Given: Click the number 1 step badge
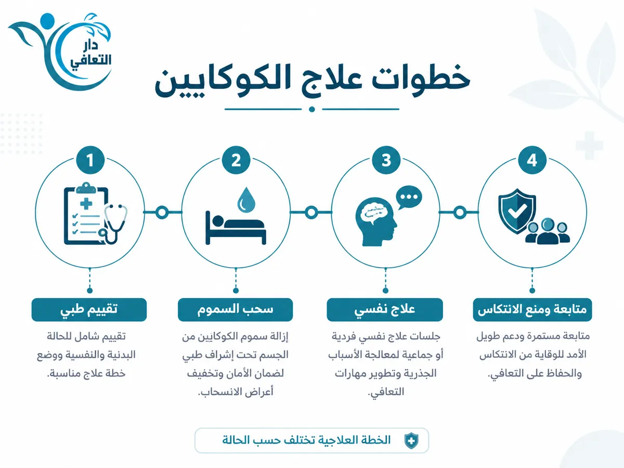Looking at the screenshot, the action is pyautogui.click(x=90, y=160).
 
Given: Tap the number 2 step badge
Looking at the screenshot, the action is pyautogui.click(x=236, y=160).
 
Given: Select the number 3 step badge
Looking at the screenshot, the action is pyautogui.click(x=386, y=160).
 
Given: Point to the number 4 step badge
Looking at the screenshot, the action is pyautogui.click(x=532, y=160).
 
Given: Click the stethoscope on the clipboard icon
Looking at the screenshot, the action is pyautogui.click(x=114, y=224).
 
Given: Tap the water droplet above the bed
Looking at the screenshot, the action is pyautogui.click(x=246, y=200).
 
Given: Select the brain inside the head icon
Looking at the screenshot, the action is pyautogui.click(x=374, y=213).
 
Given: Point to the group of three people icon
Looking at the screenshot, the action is pyautogui.click(x=548, y=231).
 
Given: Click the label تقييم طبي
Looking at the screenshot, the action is pyautogui.click(x=89, y=310).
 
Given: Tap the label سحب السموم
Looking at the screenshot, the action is pyautogui.click(x=236, y=310).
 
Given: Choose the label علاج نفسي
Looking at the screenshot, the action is pyautogui.click(x=385, y=310).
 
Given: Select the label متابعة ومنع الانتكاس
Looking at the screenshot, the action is pyautogui.click(x=532, y=310).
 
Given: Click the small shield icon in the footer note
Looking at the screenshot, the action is pyautogui.click(x=411, y=441).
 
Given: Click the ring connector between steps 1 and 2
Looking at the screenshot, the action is pyautogui.click(x=162, y=212).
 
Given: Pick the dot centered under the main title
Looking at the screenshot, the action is pyautogui.click(x=312, y=109).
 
